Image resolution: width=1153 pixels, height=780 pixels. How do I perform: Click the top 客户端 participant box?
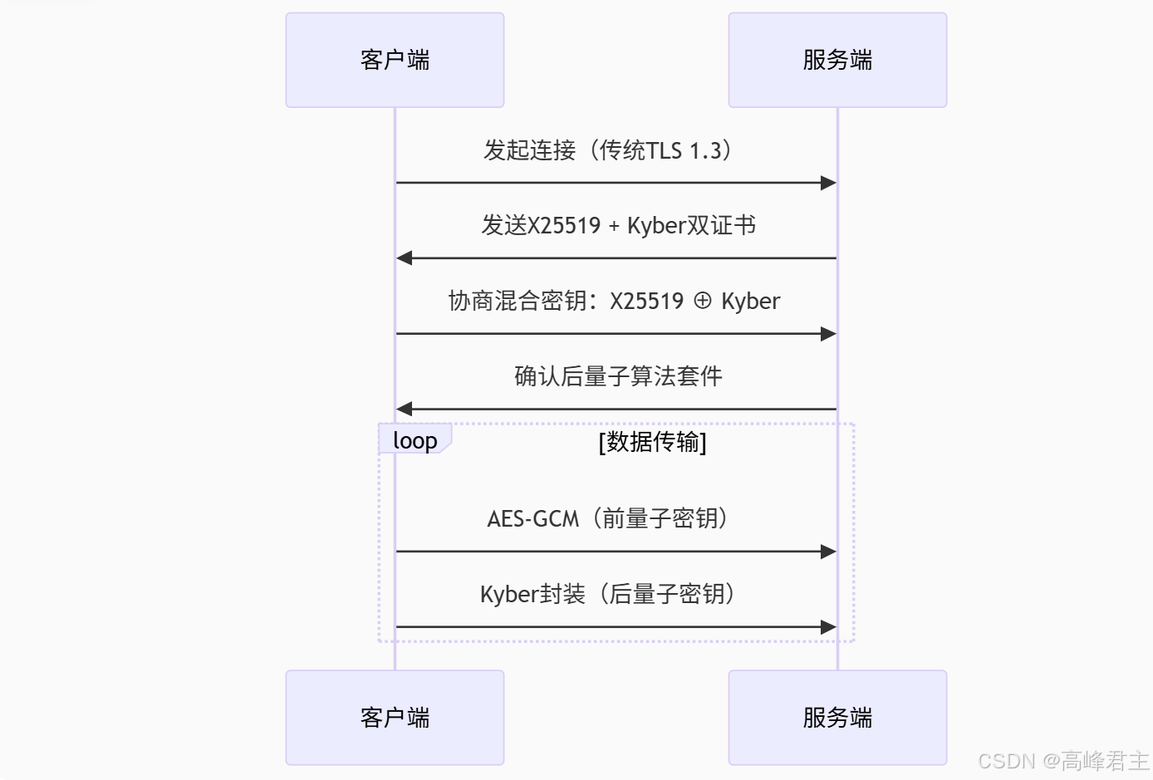pyautogui.click(x=395, y=60)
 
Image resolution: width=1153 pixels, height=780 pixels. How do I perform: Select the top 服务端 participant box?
pyautogui.click(x=837, y=60)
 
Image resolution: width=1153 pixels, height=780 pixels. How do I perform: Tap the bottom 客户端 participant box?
pyautogui.click(x=395, y=718)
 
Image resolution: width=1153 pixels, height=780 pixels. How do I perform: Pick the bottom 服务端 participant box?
pyautogui.click(x=837, y=718)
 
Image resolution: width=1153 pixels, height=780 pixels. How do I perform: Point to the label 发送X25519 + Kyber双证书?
pyautogui.click(x=618, y=225)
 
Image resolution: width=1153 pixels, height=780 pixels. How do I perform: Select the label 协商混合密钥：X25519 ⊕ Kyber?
pyautogui.click(x=614, y=301)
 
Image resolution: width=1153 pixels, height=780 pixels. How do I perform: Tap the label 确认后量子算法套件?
pyautogui.click(x=618, y=376)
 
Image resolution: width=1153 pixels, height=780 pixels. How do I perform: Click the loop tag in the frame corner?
pyautogui.click(x=415, y=440)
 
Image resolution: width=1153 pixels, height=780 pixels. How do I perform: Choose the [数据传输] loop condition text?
pyautogui.click(x=652, y=442)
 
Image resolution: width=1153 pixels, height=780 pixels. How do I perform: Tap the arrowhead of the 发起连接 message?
pyautogui.click(x=828, y=183)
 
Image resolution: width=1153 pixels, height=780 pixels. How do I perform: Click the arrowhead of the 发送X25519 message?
pyautogui.click(x=405, y=258)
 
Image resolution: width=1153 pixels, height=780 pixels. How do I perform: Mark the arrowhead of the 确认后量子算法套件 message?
pyautogui.click(x=405, y=409)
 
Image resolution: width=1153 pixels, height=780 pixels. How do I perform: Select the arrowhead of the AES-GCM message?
pyautogui.click(x=828, y=552)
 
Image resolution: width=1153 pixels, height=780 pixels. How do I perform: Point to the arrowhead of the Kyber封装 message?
pyautogui.click(x=828, y=627)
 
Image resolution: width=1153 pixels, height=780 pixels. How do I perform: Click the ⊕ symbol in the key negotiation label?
pyautogui.click(x=703, y=301)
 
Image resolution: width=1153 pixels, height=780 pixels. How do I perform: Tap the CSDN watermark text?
pyautogui.click(x=1063, y=761)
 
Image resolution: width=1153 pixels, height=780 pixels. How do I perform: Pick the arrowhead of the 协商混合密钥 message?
pyautogui.click(x=828, y=334)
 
